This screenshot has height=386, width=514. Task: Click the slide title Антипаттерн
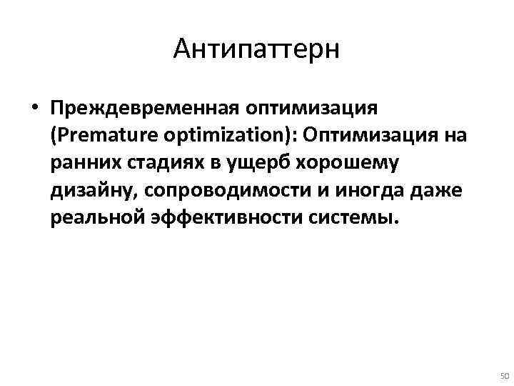coord(257,49)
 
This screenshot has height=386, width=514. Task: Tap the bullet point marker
coord(35,109)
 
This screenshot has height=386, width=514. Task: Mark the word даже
coord(441,190)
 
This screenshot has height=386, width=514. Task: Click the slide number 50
coord(503,376)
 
